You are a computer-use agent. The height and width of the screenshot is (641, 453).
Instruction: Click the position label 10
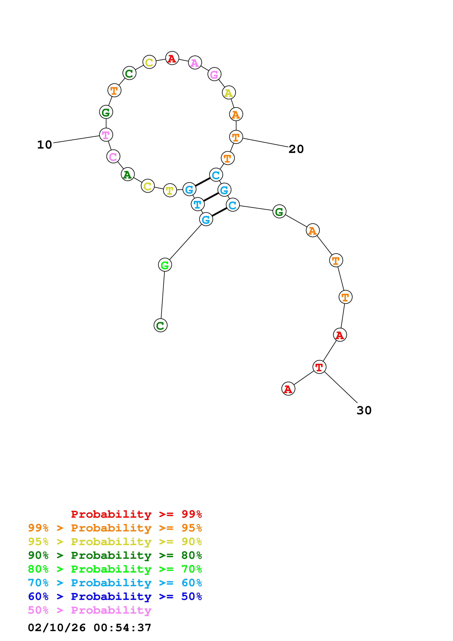pos(45,145)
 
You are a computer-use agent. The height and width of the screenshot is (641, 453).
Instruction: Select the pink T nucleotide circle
pos(106,135)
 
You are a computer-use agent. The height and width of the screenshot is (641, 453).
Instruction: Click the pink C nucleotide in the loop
pos(113,157)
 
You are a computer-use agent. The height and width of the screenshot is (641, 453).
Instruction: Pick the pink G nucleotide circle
pos(214,74)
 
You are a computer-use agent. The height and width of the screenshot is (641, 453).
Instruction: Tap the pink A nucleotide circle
pos(195,62)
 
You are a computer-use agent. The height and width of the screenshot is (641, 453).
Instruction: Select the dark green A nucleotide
pos(128,175)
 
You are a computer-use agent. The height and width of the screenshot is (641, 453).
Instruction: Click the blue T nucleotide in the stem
pos(198,204)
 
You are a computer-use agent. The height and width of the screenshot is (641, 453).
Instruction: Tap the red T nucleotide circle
pos(319,367)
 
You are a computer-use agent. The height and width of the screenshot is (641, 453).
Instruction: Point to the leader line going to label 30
pos(341,388)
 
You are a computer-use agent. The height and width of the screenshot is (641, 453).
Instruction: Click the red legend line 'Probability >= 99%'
pos(136,514)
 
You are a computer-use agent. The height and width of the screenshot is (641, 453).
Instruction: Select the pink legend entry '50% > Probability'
pos(90,610)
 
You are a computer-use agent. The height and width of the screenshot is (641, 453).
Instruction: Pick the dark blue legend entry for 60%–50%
pos(115,597)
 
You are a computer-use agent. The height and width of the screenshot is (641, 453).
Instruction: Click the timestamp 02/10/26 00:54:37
pos(90,628)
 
